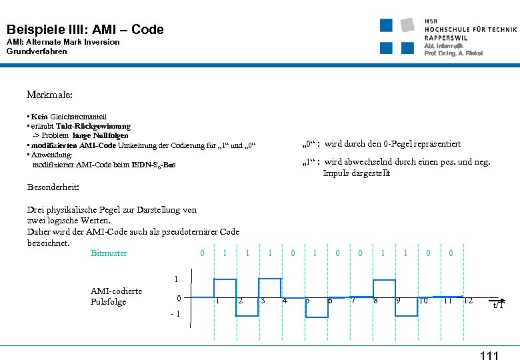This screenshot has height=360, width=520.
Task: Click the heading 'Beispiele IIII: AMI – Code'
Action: (x=85, y=29)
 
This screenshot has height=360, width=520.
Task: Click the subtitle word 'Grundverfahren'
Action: (x=37, y=51)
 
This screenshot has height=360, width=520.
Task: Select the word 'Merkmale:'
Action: (x=50, y=95)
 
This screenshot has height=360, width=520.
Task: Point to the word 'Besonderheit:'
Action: (x=53, y=187)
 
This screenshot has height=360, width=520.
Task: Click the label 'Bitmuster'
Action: (x=109, y=253)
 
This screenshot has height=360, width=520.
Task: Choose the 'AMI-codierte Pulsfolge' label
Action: (x=116, y=296)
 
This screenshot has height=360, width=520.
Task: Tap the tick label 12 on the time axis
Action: (x=467, y=301)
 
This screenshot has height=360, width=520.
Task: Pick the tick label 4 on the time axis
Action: (x=285, y=301)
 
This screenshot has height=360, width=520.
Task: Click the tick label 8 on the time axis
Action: (x=376, y=301)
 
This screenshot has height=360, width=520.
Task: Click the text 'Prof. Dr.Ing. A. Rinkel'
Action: (x=453, y=53)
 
